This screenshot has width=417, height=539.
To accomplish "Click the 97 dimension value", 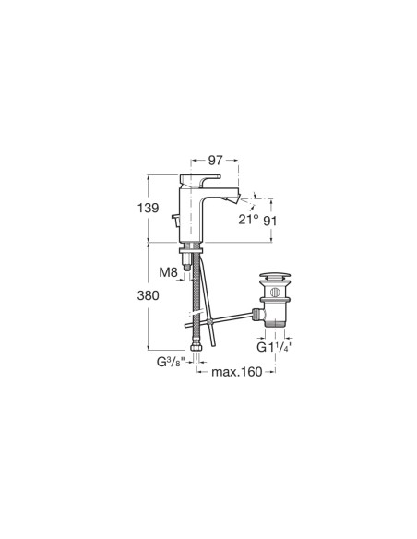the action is [216, 160].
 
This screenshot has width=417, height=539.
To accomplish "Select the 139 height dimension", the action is [148, 208].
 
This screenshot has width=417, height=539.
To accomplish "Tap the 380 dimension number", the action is [148, 295].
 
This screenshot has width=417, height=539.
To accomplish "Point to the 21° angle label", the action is [249, 219].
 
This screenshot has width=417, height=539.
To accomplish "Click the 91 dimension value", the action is [270, 221].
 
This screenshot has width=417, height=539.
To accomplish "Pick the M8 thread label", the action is [168, 272].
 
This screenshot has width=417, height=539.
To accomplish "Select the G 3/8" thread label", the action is [171, 362].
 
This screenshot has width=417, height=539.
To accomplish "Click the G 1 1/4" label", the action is [275, 347].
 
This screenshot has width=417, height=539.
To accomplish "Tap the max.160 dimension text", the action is [237, 372].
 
